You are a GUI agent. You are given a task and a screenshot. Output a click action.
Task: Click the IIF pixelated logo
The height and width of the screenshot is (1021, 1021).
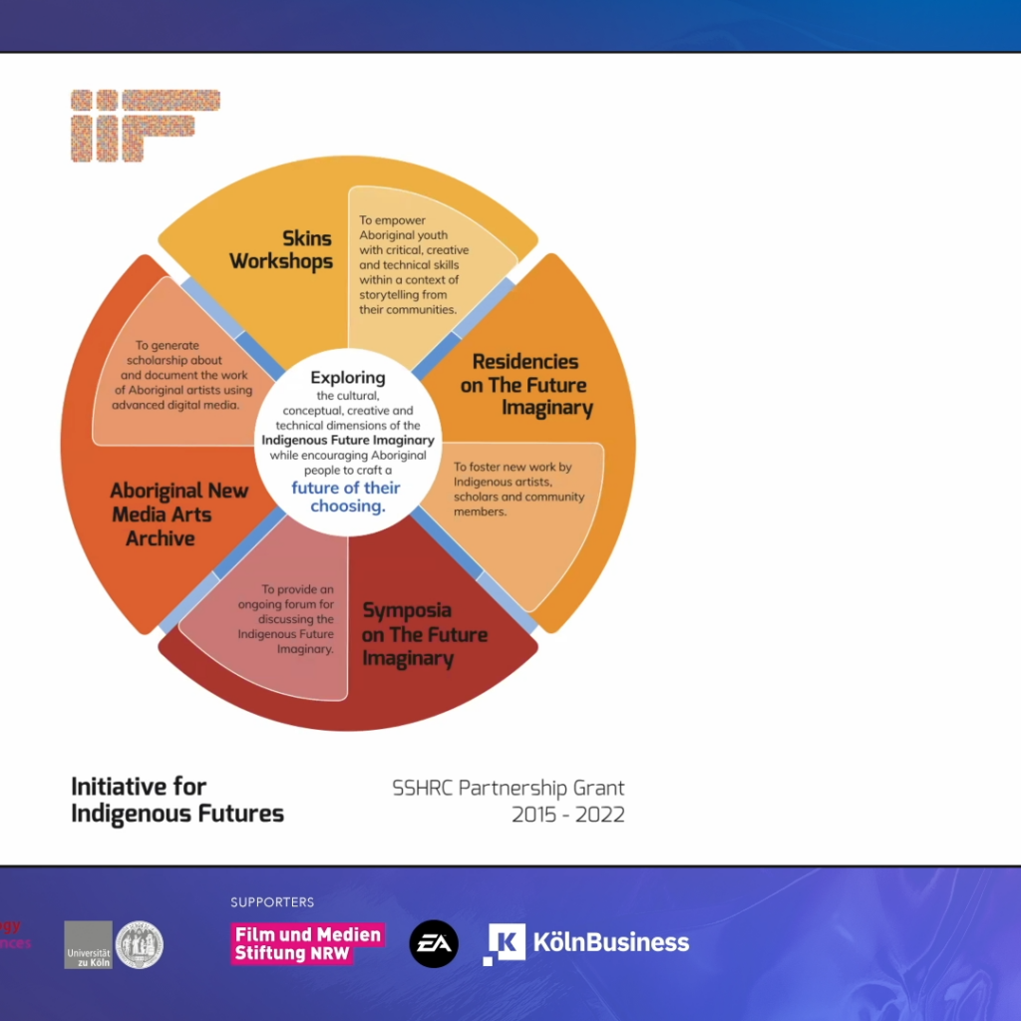tap(146, 126)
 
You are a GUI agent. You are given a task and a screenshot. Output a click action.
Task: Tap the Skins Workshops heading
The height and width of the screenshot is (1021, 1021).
tap(281, 250)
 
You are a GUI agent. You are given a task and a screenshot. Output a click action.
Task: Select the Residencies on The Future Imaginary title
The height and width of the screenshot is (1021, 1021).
tap(526, 384)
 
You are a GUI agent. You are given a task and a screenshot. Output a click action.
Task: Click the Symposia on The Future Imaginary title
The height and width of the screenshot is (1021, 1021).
tap(425, 634)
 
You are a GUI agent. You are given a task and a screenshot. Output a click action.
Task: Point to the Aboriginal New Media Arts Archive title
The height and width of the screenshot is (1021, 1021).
tap(179, 514)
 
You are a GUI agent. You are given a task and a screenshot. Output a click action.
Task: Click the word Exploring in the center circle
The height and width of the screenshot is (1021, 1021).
tap(348, 378)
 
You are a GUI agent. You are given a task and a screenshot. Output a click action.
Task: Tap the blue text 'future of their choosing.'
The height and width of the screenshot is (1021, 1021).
tap(346, 497)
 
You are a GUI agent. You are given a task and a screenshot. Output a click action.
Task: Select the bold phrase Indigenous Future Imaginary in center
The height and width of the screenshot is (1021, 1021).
tap(348, 440)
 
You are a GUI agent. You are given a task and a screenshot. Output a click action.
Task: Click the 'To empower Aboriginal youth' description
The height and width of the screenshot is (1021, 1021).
tap(414, 265)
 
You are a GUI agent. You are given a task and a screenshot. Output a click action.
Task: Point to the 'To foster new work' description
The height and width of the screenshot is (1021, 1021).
tap(518, 489)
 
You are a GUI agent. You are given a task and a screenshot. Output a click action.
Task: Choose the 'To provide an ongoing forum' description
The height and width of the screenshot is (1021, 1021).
tap(286, 619)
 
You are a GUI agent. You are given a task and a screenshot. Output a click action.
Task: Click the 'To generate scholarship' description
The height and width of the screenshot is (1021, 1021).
tap(181, 375)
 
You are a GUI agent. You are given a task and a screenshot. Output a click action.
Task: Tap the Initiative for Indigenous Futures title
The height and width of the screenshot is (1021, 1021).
tap(177, 801)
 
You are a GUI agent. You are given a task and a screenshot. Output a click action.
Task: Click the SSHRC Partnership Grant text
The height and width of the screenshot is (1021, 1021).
tap(508, 788)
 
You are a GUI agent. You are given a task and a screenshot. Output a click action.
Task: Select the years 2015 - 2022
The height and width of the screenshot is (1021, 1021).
tap(567, 815)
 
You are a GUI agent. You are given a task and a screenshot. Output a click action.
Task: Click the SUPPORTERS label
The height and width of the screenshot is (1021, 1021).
tap(272, 901)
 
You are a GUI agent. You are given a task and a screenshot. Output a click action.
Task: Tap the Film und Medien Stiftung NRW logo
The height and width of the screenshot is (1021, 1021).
tap(308, 943)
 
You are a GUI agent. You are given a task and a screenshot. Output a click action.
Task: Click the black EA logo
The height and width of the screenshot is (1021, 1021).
tap(434, 943)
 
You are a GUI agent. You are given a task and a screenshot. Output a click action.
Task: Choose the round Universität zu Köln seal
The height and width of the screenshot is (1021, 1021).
tap(140, 945)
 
